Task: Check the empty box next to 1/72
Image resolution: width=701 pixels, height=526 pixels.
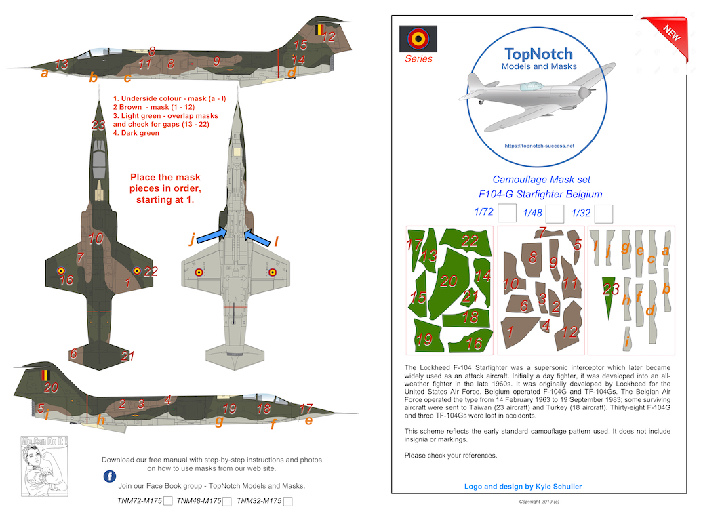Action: [507, 214]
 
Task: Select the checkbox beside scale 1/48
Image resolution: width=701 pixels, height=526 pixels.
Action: [555, 214]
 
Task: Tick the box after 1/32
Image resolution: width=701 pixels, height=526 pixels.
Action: [603, 214]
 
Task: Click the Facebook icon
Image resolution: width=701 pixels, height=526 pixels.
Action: [109, 477]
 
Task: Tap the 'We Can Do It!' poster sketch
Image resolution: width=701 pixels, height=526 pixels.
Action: [36, 468]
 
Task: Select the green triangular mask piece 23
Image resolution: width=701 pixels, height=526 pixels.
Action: [611, 296]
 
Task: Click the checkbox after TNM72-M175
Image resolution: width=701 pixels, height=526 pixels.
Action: [167, 502]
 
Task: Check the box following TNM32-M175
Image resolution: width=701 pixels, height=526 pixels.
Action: [288, 502]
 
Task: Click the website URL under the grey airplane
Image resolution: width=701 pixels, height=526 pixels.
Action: [540, 146]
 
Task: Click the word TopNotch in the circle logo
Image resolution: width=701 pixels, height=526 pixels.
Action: [539, 54]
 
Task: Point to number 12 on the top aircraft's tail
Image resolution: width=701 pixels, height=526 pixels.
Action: [328, 37]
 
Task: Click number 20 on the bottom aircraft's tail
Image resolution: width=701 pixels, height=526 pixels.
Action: [52, 388]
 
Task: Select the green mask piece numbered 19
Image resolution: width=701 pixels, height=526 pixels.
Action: [426, 338]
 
